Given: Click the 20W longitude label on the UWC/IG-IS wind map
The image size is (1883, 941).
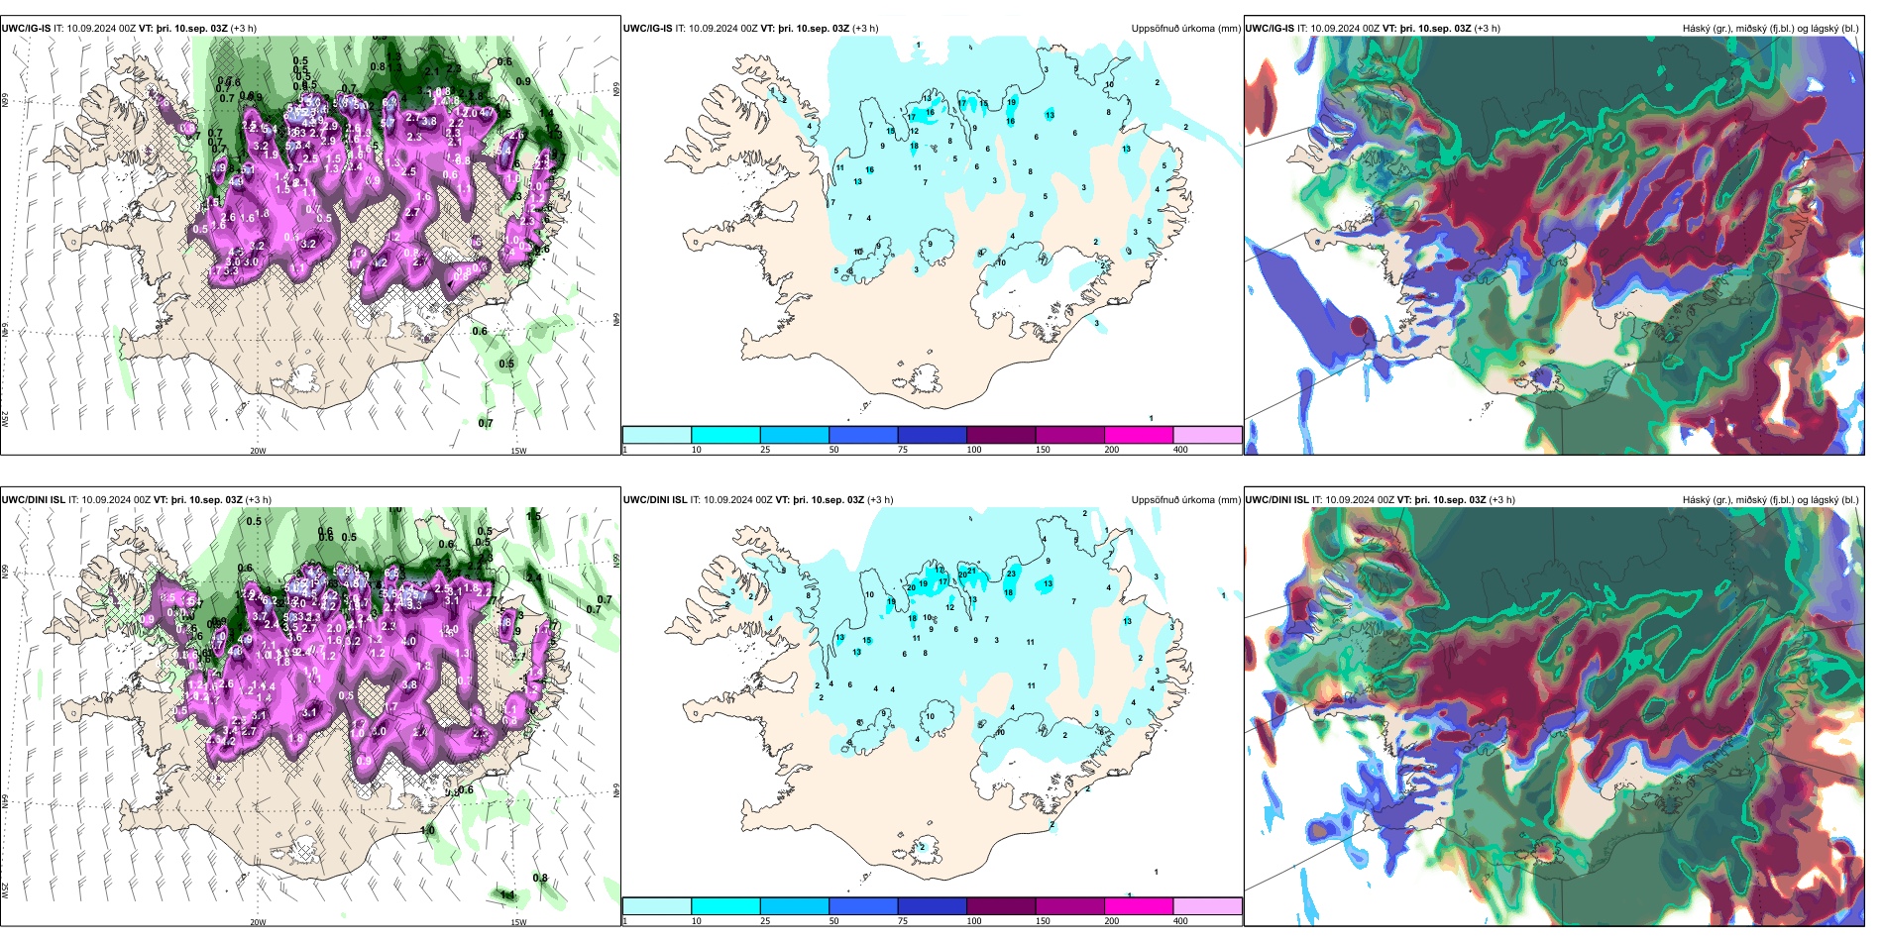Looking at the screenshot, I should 258,451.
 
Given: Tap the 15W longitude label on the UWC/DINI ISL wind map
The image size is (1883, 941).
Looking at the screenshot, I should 518,922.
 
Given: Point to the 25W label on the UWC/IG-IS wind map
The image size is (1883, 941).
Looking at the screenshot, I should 5,419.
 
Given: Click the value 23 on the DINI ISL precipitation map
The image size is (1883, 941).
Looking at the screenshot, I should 1012,574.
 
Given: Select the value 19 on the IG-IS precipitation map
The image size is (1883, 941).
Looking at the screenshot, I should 1012,102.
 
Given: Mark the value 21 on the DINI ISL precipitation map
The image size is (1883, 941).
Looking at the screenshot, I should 972,571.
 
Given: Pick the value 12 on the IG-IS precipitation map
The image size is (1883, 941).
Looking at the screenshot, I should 915,131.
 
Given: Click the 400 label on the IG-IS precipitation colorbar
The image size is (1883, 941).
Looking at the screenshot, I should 1180,450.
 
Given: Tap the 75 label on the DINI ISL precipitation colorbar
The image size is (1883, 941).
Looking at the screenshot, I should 903,921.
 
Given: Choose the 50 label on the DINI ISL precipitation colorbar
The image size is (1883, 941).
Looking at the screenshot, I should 833,921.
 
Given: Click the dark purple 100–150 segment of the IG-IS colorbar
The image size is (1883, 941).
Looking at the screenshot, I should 1001,435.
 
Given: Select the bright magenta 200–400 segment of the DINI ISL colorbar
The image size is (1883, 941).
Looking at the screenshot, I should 1139,906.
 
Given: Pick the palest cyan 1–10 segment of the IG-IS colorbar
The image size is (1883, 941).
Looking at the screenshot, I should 657,435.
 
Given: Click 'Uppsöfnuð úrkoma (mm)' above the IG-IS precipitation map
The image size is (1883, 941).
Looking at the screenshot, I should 1185,29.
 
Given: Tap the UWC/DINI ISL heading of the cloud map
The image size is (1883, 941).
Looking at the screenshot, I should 1276,500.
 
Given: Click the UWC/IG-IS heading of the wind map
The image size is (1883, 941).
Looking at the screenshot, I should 26,29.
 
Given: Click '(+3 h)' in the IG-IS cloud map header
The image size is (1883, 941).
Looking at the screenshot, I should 1488,29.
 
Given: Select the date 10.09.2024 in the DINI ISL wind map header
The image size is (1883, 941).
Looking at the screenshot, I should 105,500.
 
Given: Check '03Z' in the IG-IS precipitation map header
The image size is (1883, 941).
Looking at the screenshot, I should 837,29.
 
